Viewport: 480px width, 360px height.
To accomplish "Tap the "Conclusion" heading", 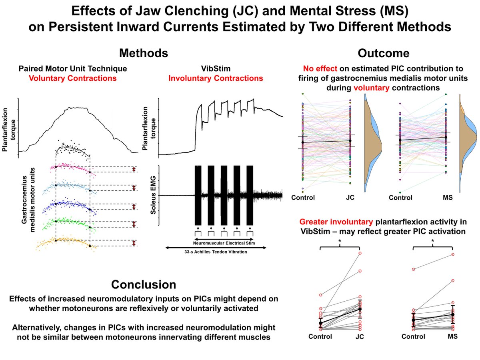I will [x=144, y=284].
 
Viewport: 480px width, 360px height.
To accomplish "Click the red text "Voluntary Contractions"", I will [x=72, y=78].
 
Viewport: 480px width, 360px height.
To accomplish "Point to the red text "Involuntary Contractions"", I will [x=216, y=78].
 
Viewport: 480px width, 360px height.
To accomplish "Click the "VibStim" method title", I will [x=216, y=69].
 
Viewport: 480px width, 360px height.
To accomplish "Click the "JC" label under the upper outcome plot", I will [x=350, y=198].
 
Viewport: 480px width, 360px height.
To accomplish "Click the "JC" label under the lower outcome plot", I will [x=359, y=337].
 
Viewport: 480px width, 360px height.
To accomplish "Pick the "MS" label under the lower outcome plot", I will [x=452, y=337].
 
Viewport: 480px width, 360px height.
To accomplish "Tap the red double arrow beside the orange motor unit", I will [x=134, y=243].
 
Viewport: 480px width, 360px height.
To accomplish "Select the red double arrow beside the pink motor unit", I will [x=134, y=170].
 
